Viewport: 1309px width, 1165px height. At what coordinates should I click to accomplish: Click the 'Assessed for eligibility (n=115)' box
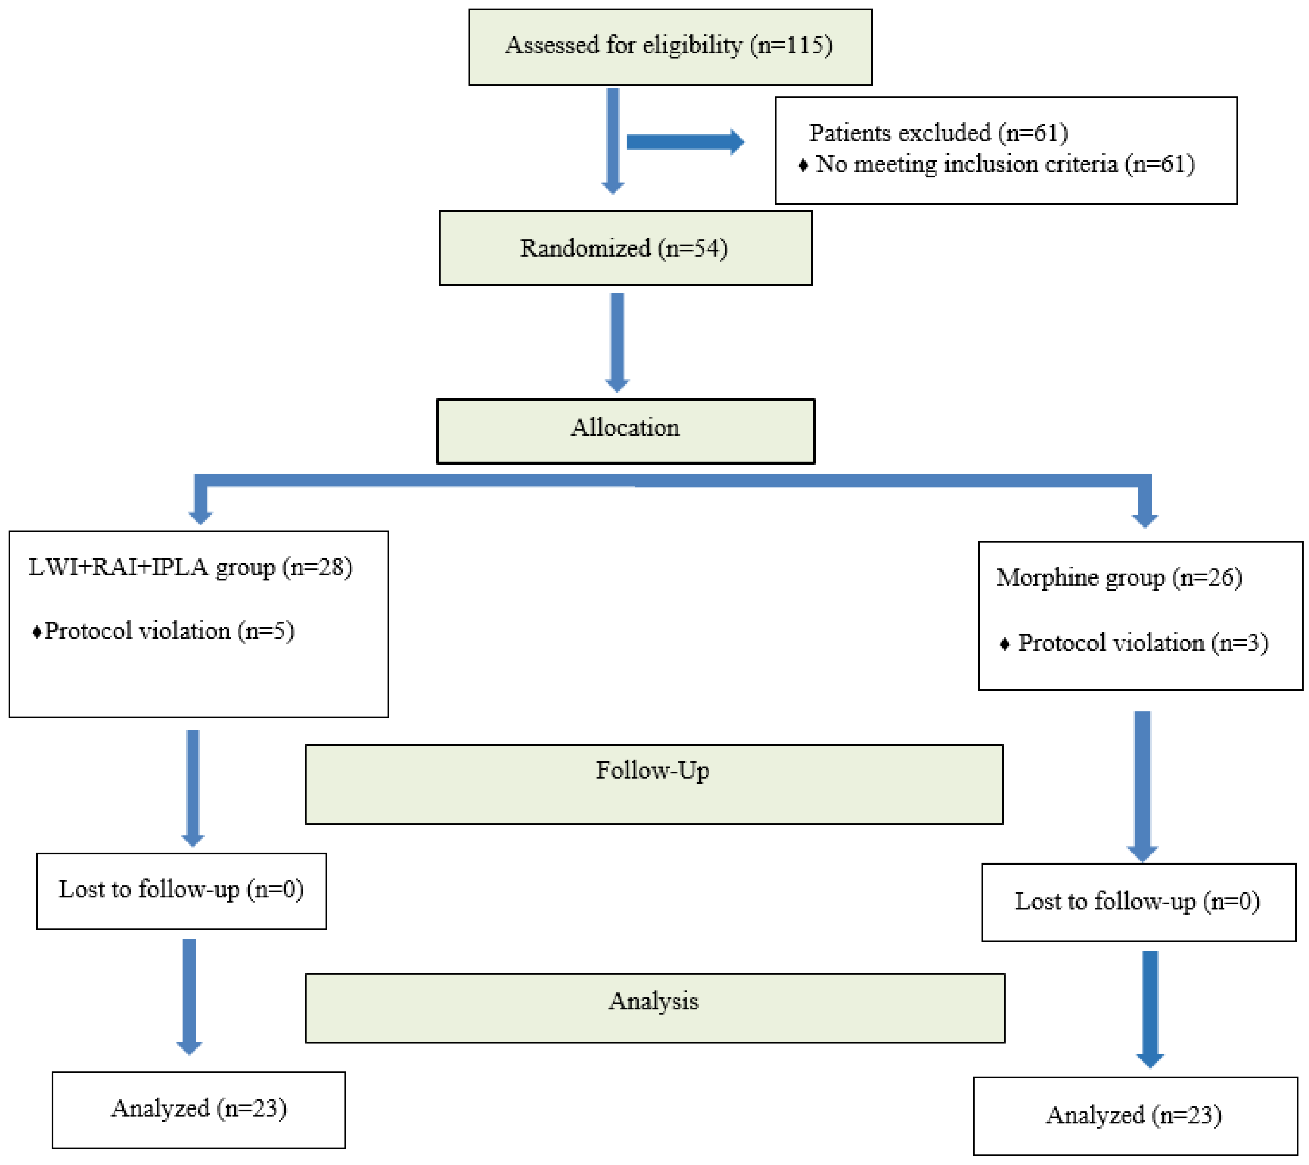[x=670, y=47]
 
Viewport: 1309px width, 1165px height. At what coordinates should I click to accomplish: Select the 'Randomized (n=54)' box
[x=625, y=248]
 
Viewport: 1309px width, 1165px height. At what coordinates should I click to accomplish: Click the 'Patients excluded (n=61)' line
[x=938, y=133]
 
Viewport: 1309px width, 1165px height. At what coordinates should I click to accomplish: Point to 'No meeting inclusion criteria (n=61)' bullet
[x=1004, y=164]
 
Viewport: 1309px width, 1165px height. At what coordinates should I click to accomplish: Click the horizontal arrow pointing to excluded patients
[x=685, y=141]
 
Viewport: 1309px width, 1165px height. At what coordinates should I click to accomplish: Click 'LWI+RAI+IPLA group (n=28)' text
[x=190, y=567]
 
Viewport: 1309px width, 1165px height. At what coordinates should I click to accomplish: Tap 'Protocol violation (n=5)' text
[x=168, y=631]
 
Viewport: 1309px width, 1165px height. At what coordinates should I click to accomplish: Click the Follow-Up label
[x=652, y=770]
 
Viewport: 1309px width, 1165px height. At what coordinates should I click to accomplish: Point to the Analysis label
[x=653, y=1001]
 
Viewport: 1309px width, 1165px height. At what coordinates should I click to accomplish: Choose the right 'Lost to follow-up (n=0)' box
[x=1138, y=902]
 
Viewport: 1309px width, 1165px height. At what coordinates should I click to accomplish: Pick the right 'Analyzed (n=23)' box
[x=1134, y=1116]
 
